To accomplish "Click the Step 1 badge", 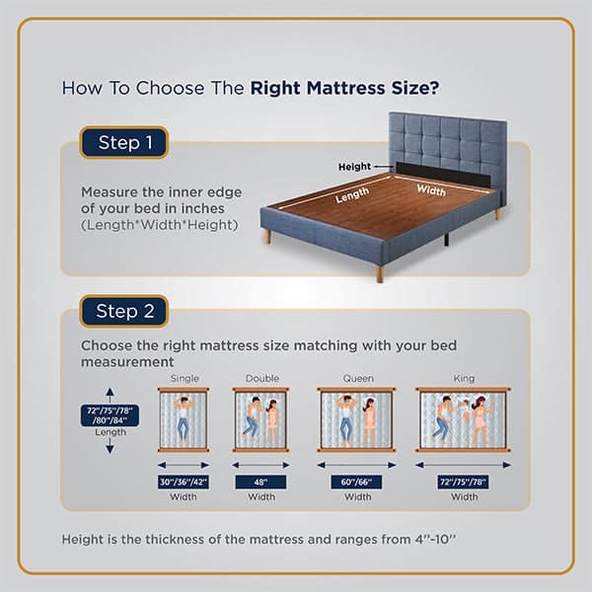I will (x=124, y=143).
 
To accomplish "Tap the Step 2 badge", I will (x=124, y=311).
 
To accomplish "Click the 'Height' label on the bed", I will (x=354, y=167).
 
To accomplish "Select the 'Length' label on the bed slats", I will (x=352, y=196).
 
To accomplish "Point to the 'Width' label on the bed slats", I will (x=430, y=188).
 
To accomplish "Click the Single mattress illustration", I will (x=184, y=419).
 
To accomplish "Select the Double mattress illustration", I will (x=261, y=419).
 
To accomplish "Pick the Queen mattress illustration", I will (x=356, y=419).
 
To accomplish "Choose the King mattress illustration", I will (x=464, y=419).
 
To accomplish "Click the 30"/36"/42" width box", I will (x=184, y=481).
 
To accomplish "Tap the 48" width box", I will (x=261, y=481).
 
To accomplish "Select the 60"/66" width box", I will (x=356, y=481).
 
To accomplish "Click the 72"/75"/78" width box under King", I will (x=464, y=481).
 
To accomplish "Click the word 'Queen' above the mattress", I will (x=358, y=378).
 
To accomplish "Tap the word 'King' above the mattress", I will (x=464, y=378).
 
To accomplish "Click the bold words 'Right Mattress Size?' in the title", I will (x=344, y=87).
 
